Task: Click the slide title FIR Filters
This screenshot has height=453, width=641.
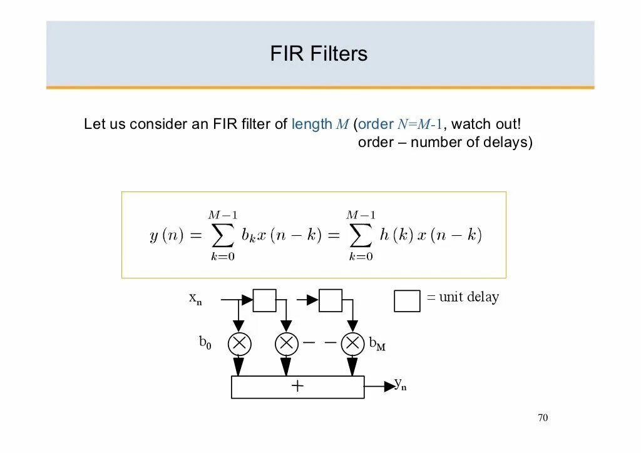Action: tap(319, 54)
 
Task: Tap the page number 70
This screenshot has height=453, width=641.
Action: tap(543, 418)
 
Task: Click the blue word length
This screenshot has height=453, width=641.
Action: tap(312, 124)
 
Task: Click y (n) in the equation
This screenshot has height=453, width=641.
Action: tap(166, 237)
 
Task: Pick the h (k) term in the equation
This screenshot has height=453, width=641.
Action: tap(396, 235)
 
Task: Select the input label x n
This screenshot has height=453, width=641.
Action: tap(195, 298)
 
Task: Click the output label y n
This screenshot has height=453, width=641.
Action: tap(400, 384)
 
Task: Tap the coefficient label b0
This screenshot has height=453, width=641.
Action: tap(205, 342)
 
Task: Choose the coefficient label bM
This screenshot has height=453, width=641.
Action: tap(377, 344)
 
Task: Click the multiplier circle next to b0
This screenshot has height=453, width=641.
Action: tap(239, 344)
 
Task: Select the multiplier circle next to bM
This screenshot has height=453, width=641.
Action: tap(353, 344)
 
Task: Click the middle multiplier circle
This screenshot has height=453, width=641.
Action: tap(286, 344)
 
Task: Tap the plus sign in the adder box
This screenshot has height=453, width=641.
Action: tap(297, 386)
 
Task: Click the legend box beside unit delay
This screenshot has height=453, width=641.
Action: tap(407, 301)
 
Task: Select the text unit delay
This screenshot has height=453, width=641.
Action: tap(469, 297)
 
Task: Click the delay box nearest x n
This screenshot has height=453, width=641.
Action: tap(264, 300)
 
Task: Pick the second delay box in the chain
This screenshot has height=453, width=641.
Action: tap(331, 300)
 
